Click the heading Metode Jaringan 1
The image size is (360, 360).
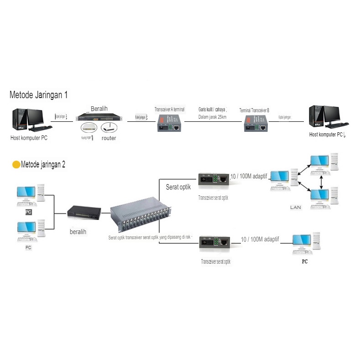39,95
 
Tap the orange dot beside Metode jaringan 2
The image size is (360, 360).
16,165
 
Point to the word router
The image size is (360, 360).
109,138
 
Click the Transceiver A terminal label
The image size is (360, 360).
169,110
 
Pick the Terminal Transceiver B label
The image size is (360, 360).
254,110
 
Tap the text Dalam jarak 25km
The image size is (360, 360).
213,117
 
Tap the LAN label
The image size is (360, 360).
296,208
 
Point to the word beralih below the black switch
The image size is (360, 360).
78,231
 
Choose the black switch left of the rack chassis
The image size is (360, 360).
84,211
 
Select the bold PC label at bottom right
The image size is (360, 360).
304,262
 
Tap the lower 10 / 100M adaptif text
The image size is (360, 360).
260,239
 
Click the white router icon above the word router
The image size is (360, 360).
109,128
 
